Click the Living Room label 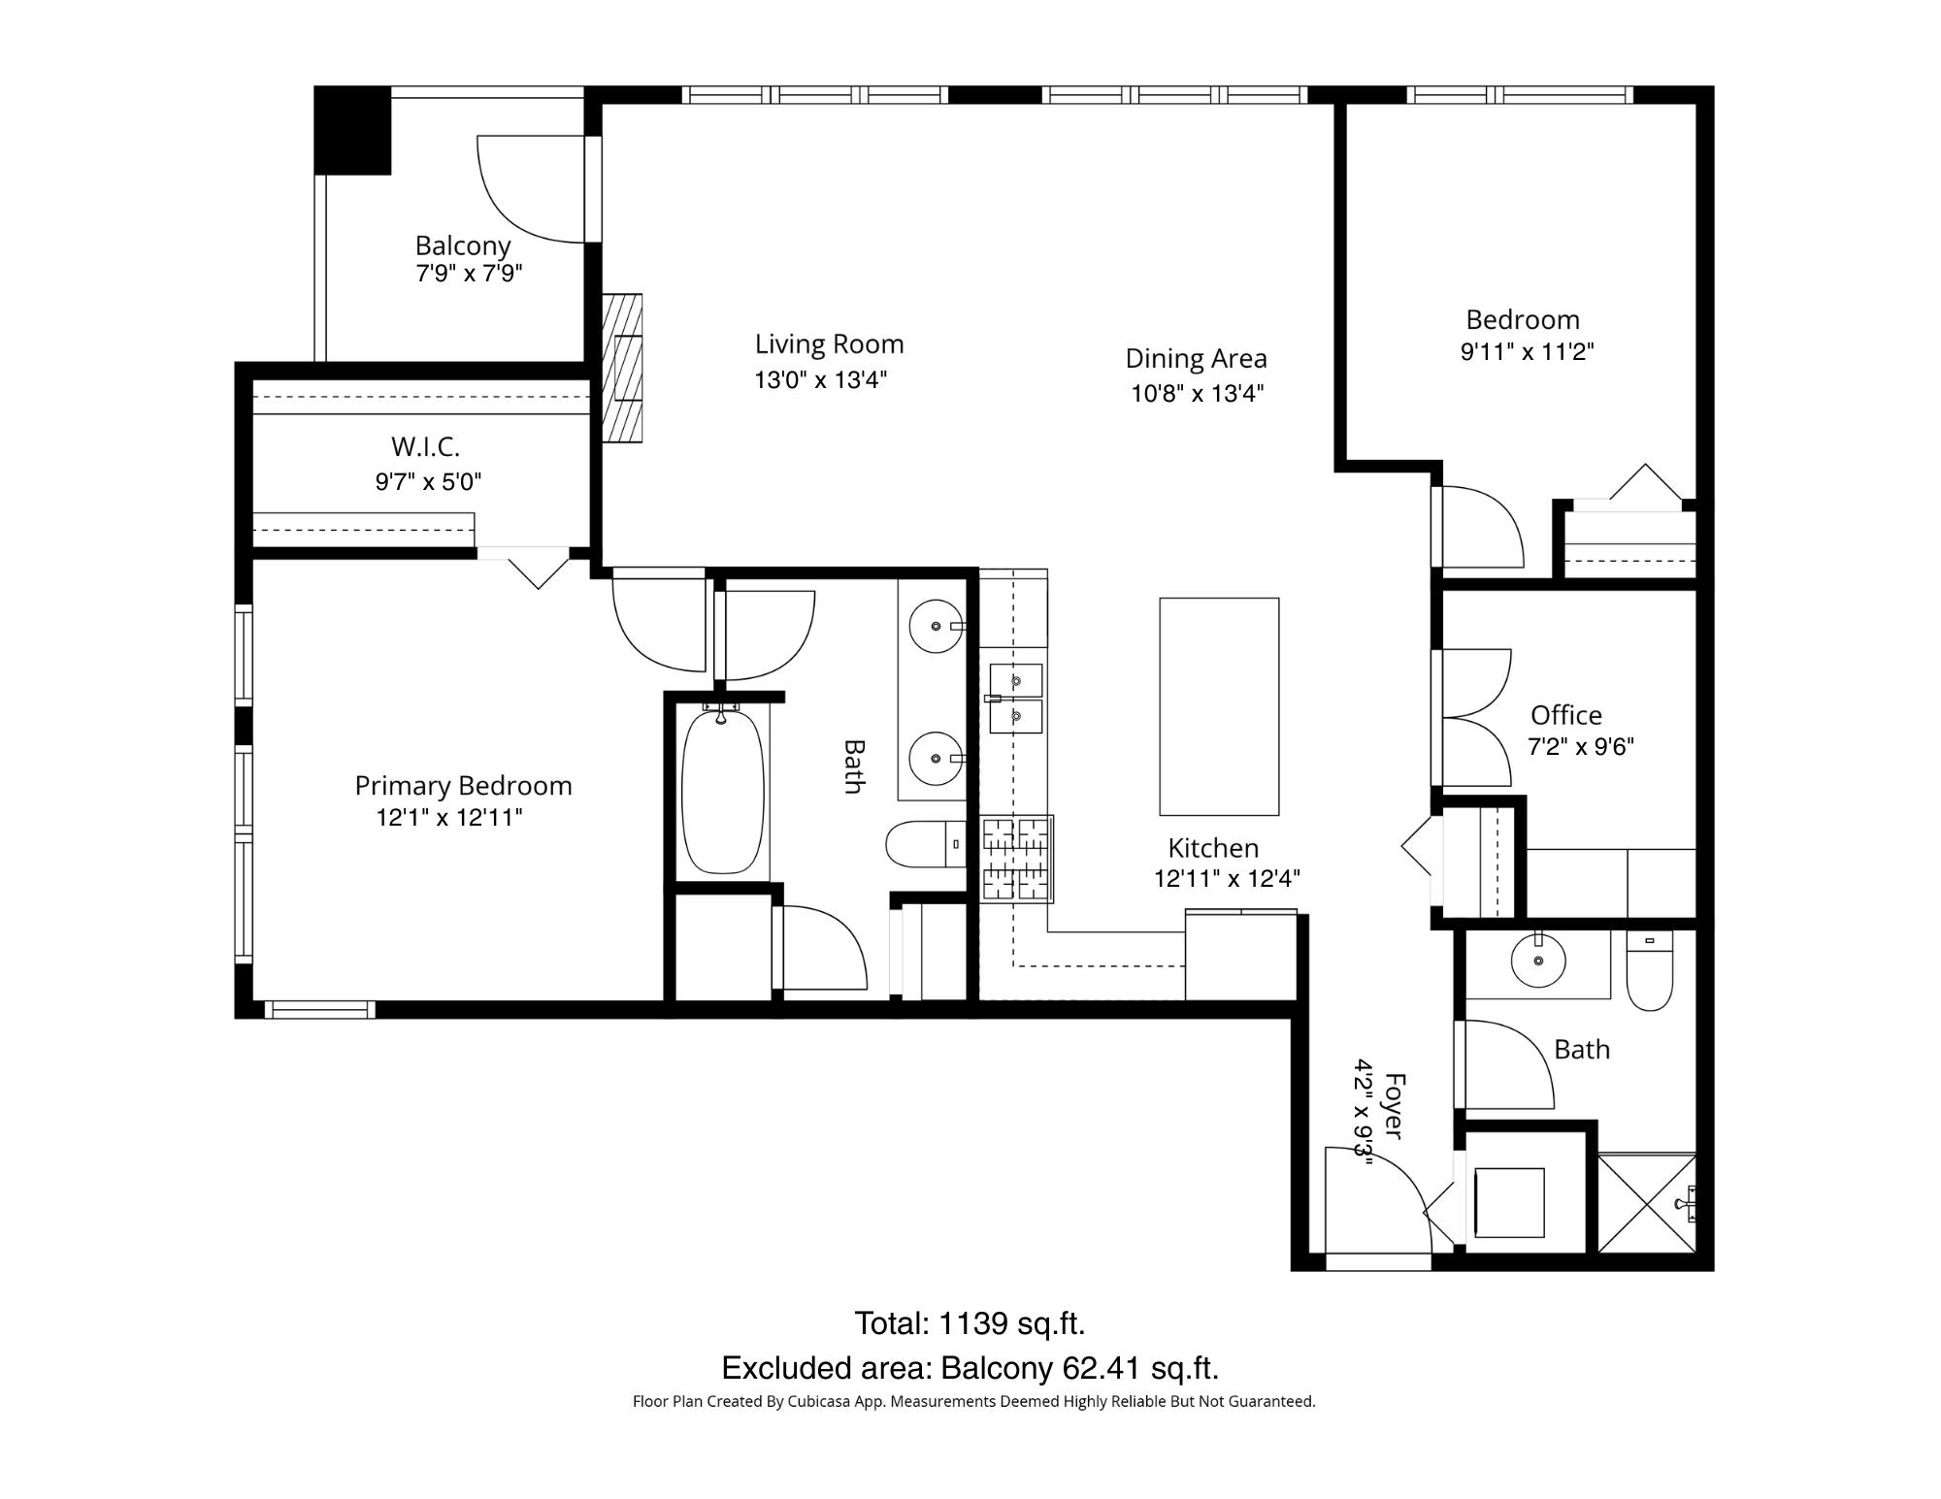pyautogui.click(x=829, y=344)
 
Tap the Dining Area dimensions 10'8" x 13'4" pyautogui.click(x=1197, y=393)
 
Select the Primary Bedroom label pyautogui.click(x=463, y=786)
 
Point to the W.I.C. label pyautogui.click(x=425, y=446)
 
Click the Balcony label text pyautogui.click(x=463, y=245)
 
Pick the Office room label pyautogui.click(x=1565, y=715)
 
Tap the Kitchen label pyautogui.click(x=1213, y=848)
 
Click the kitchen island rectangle pyautogui.click(x=1219, y=706)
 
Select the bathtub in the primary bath pyautogui.click(x=722, y=791)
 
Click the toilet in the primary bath pyautogui.click(x=926, y=844)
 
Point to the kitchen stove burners pyautogui.click(x=1016, y=859)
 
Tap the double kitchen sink pyautogui.click(x=1016, y=699)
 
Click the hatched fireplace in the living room pyautogui.click(x=622, y=369)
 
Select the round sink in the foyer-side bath pyautogui.click(x=1538, y=961)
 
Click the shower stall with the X pyautogui.click(x=1647, y=1203)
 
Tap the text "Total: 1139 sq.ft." pyautogui.click(x=970, y=1323)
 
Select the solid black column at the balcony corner pyautogui.click(x=352, y=131)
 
